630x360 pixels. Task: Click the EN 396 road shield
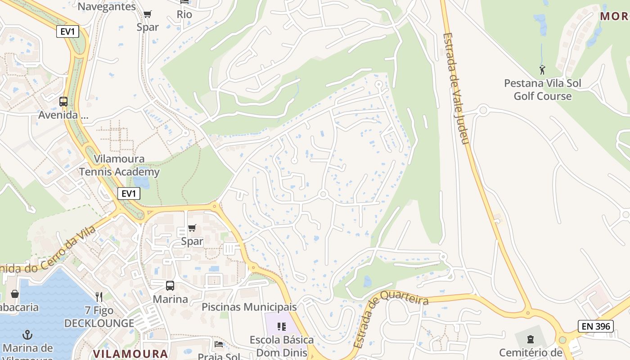(596, 326)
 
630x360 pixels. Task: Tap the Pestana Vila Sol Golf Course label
(542, 90)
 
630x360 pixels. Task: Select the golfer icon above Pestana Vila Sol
(542, 70)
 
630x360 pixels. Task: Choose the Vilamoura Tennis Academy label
(119, 165)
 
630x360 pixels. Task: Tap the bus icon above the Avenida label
(63, 102)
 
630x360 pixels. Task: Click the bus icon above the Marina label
(170, 285)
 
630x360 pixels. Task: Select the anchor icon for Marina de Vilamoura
(28, 335)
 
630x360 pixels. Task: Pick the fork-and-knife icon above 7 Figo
(99, 297)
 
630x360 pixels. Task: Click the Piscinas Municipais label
(249, 307)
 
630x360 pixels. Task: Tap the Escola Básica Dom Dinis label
(282, 346)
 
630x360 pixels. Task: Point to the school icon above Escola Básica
(282, 326)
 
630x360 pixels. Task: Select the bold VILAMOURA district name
(130, 353)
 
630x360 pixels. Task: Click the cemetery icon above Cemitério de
(531, 339)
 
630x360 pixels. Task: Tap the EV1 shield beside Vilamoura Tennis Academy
(129, 193)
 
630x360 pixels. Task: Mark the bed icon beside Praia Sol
(219, 344)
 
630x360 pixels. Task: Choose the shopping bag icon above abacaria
(15, 294)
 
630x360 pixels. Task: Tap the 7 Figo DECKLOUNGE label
(99, 317)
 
